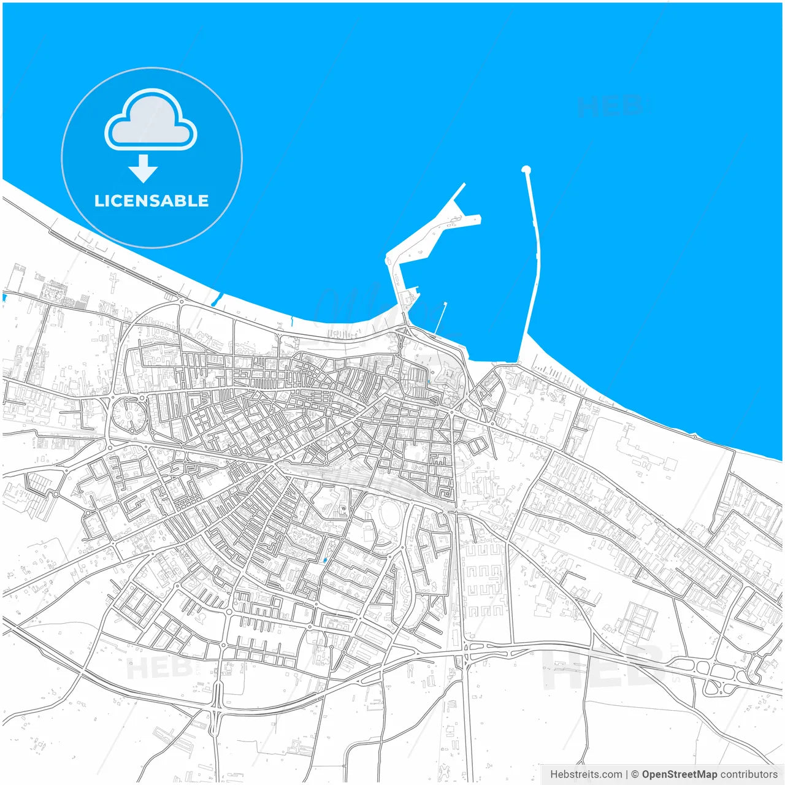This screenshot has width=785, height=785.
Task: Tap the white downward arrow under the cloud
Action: point(144,169)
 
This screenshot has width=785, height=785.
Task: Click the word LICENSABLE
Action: point(151,201)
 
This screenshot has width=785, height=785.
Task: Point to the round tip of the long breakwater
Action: point(526,170)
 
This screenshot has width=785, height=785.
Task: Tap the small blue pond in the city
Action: point(324,560)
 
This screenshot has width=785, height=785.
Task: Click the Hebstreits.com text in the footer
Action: point(586,775)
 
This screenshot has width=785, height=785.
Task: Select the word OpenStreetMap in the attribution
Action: point(680,775)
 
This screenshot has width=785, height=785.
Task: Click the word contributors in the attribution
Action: point(749,775)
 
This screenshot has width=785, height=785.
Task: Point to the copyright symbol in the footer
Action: point(635,775)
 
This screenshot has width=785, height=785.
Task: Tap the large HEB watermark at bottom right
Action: point(604,668)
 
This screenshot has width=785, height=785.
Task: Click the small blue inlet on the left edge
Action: point(5,297)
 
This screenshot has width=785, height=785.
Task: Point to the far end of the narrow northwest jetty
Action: point(463,184)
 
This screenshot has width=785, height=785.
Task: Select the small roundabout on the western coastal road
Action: point(182,301)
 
